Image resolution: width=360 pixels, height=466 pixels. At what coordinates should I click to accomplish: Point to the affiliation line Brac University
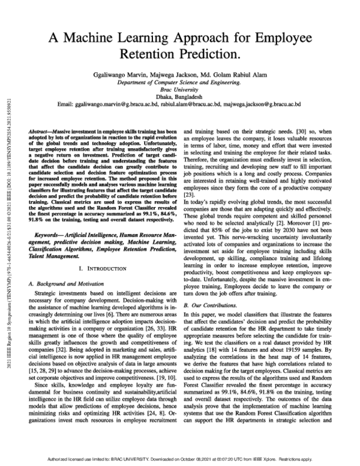179,95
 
